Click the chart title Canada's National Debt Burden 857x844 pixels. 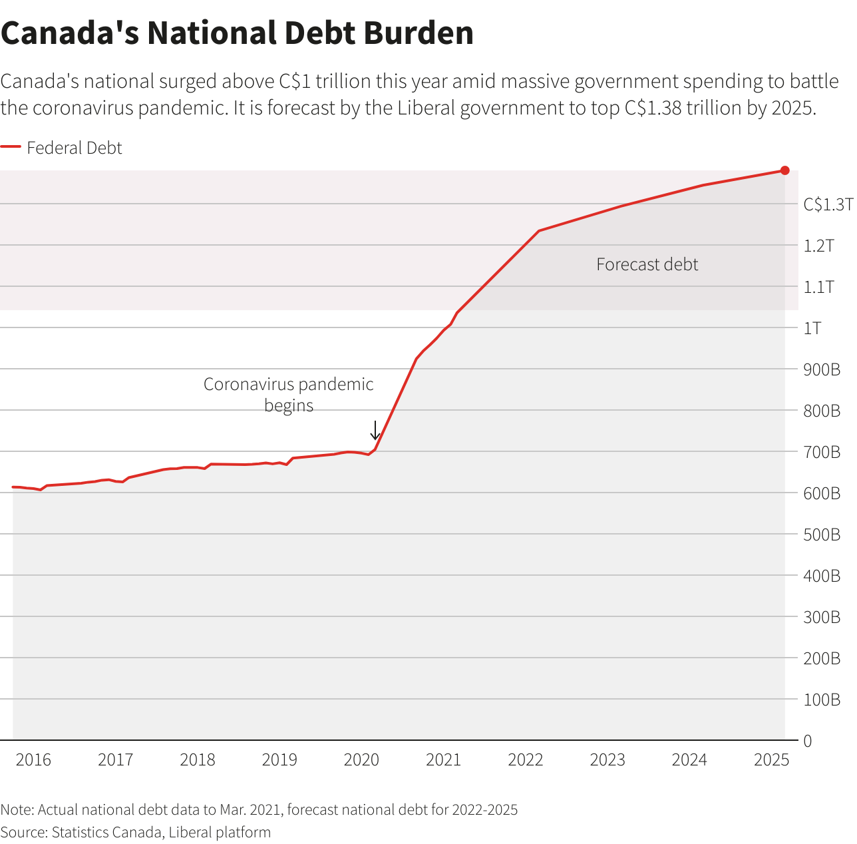coord(237,33)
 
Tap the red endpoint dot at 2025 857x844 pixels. coord(784,170)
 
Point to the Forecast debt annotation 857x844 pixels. coord(647,265)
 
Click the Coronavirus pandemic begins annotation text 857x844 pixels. coord(288,394)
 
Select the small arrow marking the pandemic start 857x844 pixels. coord(375,430)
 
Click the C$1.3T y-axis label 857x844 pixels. coord(827,204)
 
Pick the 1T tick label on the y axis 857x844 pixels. coord(812,328)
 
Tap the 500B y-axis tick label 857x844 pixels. coord(822,534)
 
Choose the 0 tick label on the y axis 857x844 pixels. coord(808,741)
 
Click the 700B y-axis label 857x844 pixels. coord(822,452)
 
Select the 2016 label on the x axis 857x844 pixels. coord(33,760)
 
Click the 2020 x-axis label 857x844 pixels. coord(361,760)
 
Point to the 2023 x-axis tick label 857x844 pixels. coord(607,760)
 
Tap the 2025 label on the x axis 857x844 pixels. coord(771,760)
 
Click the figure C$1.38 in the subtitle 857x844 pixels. coord(653,108)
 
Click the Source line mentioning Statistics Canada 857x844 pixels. coord(136,832)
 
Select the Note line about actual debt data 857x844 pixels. coord(259,809)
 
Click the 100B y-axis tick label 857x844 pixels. coord(822,700)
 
